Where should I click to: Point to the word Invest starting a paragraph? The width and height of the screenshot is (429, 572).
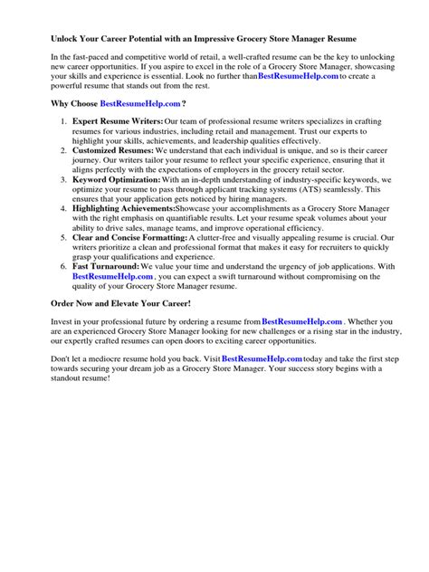(x=62, y=322)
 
